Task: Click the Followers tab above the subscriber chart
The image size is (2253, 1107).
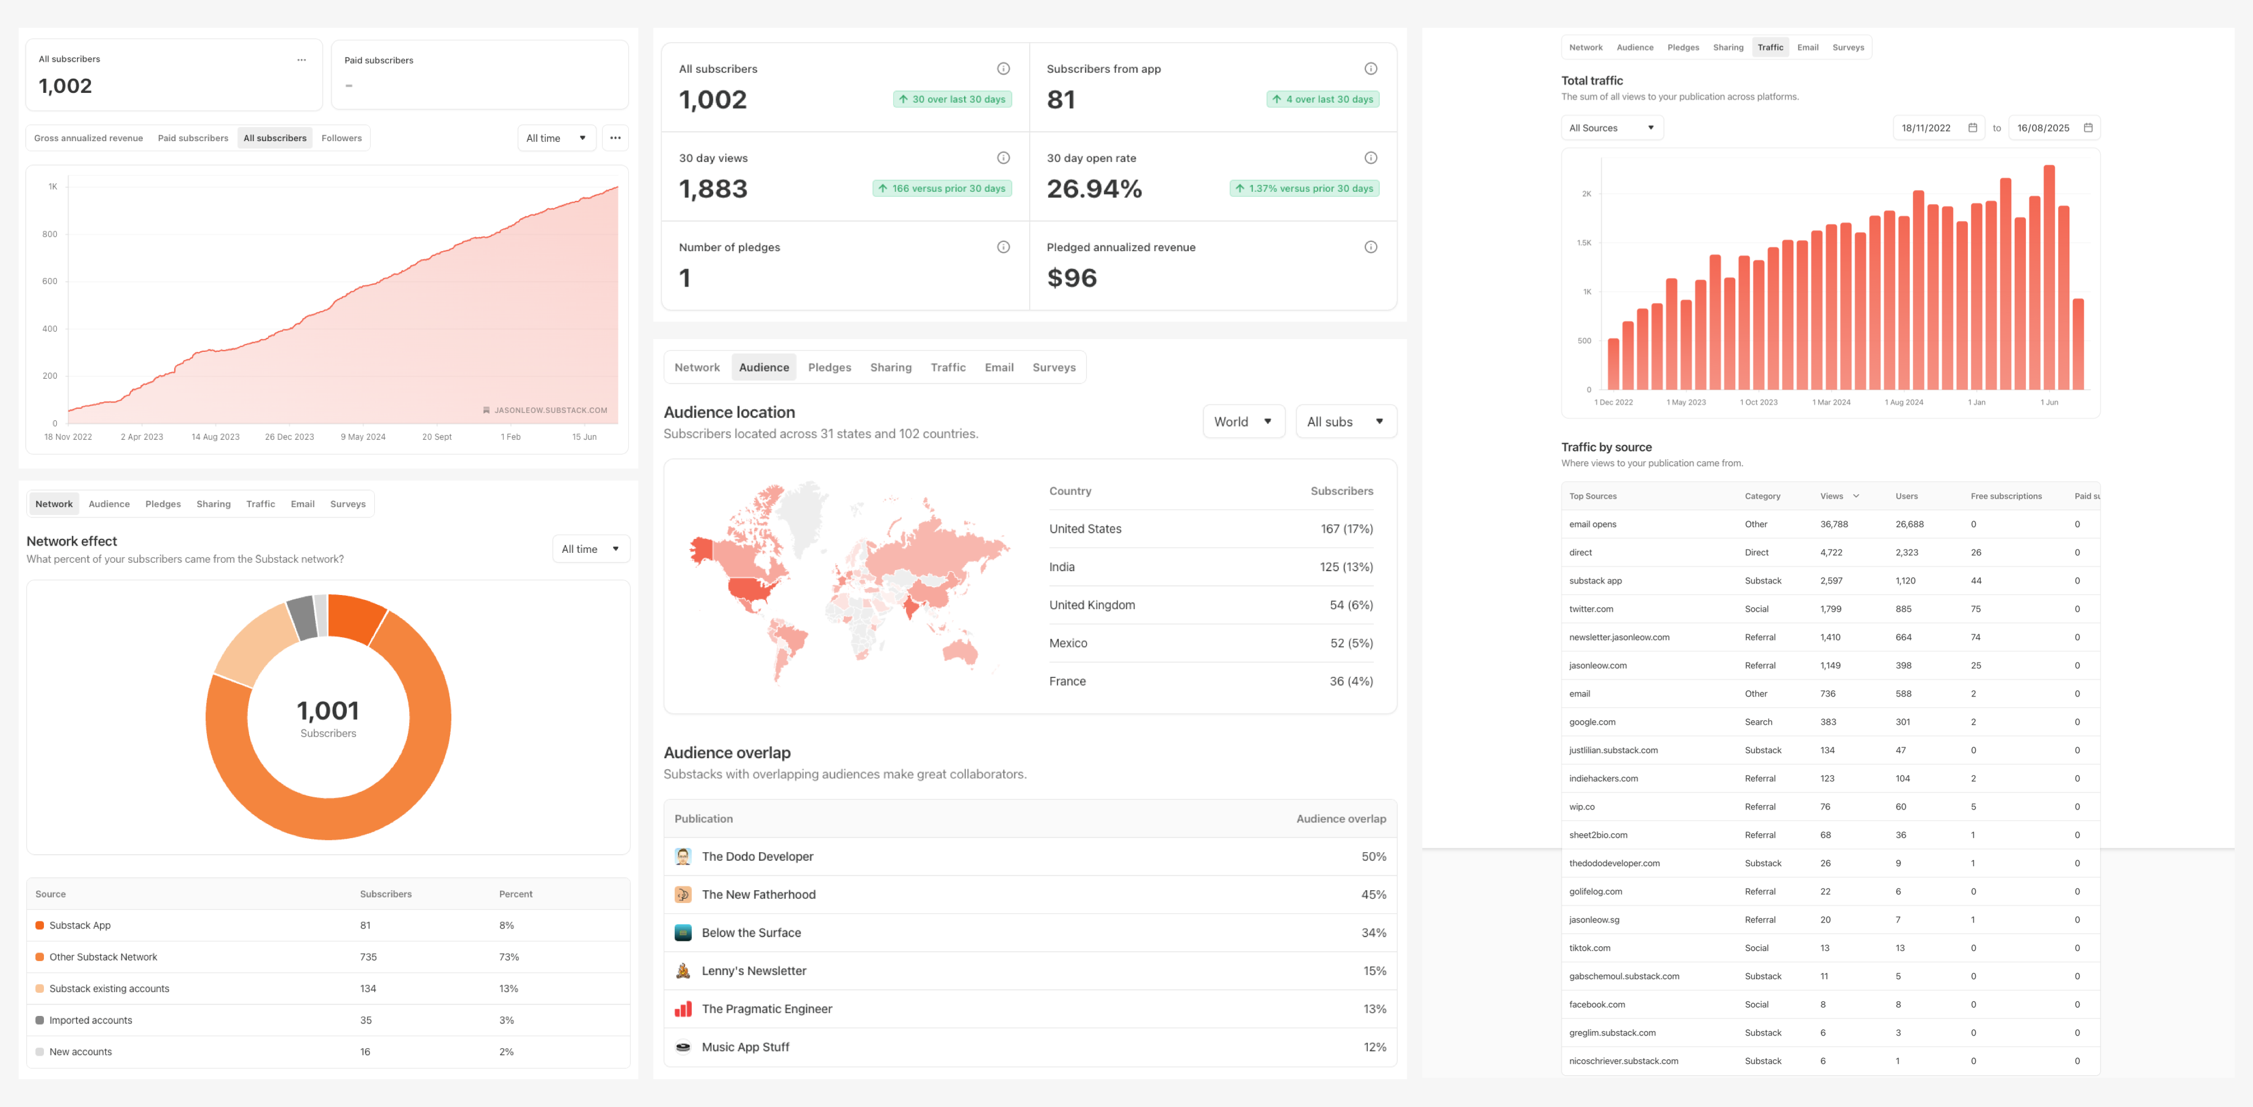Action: [x=341, y=138]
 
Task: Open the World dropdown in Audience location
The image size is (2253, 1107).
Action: [x=1243, y=422]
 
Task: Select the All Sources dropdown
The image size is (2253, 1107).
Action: [x=1611, y=128]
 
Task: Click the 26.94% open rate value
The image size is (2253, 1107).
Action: [x=1094, y=189]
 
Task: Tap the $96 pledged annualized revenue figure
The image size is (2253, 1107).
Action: [x=1072, y=279]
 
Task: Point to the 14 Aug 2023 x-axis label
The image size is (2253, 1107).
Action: [x=215, y=437]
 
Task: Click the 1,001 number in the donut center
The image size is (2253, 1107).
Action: [x=328, y=711]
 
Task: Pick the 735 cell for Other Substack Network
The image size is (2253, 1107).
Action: [x=368, y=957]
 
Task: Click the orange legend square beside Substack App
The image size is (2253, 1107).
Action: [x=39, y=926]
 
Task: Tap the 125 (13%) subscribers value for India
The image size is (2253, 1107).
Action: [x=1346, y=567]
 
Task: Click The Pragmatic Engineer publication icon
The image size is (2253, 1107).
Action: [x=683, y=1009]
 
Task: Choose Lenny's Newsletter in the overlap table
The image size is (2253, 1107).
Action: [x=754, y=971]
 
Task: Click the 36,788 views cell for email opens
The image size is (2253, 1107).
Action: [x=1834, y=524]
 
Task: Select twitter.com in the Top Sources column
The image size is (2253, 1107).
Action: [x=1591, y=609]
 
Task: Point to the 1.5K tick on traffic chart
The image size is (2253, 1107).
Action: [x=1584, y=243]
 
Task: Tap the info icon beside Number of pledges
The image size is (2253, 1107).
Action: [x=1003, y=247]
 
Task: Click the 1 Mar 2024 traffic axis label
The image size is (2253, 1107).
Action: [x=1832, y=403]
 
